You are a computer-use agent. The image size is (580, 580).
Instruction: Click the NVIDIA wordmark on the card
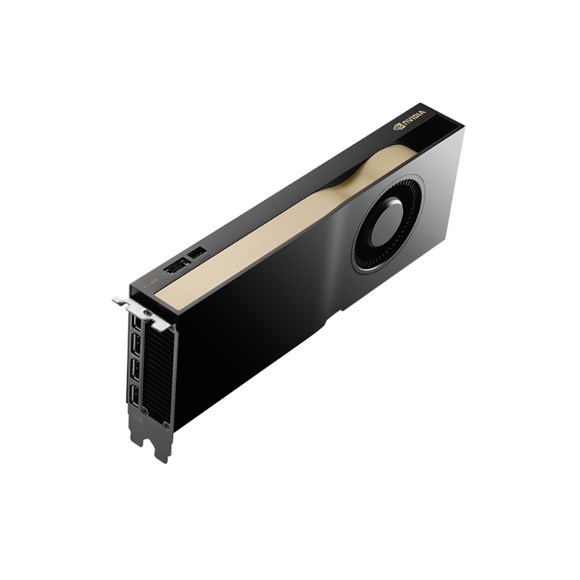(415, 118)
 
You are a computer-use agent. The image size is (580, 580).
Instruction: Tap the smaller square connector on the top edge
(196, 253)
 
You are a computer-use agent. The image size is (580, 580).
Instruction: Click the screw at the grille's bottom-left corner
(144, 411)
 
